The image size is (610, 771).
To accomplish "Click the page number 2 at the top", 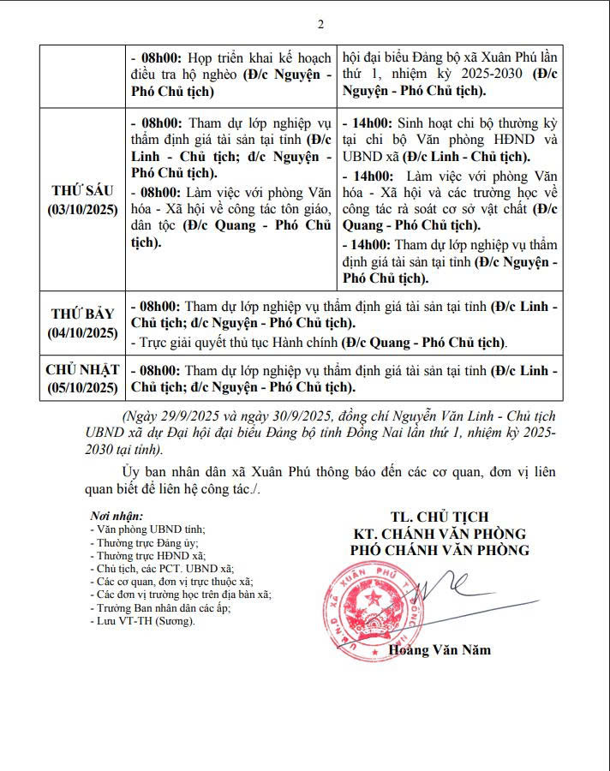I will (320, 23).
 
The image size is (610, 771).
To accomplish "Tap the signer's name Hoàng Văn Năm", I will (440, 649).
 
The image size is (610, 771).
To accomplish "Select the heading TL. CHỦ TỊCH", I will (440, 517).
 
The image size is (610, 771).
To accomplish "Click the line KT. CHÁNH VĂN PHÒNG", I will (440, 534).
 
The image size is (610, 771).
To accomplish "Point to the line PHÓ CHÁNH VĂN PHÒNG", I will (440, 550).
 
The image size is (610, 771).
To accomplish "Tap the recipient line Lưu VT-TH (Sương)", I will (142, 620).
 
